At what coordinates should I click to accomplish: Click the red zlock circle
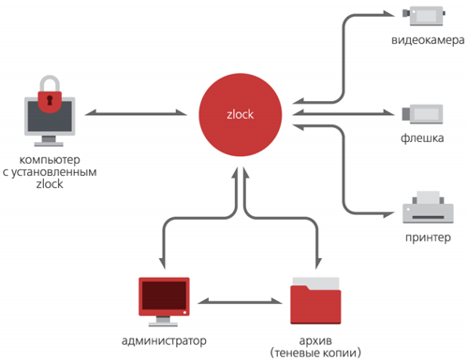pyautogui.click(x=240, y=115)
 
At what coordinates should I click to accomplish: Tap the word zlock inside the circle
pyautogui.click(x=240, y=115)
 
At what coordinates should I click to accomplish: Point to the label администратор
pyautogui.click(x=164, y=339)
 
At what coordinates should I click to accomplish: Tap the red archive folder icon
pyautogui.click(x=314, y=298)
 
